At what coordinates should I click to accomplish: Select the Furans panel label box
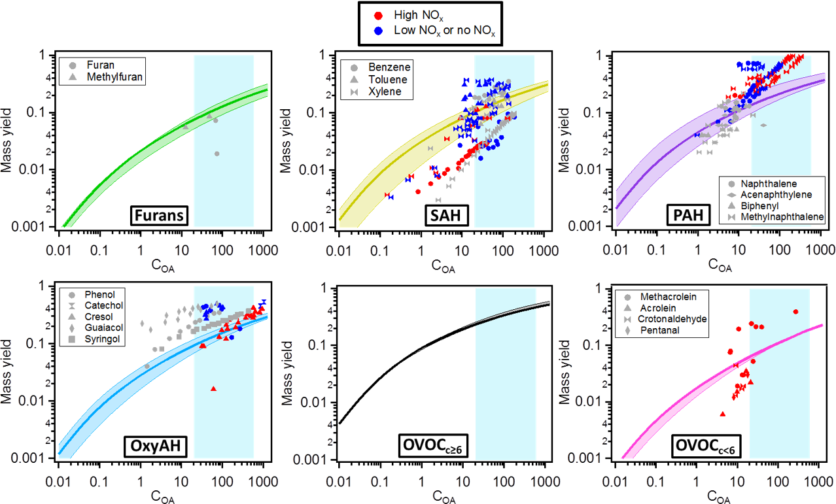coord(158,215)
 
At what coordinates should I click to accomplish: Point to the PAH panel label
coord(714,215)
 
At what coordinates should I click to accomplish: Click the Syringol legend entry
coord(97,339)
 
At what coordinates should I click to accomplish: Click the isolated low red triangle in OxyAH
coord(213,389)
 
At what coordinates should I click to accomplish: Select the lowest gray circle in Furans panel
coord(217,154)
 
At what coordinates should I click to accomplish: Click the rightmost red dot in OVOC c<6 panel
coord(795,312)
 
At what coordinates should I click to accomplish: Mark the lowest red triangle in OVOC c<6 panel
coord(722,414)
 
